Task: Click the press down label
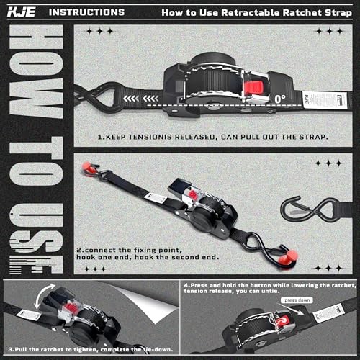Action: (297, 299)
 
